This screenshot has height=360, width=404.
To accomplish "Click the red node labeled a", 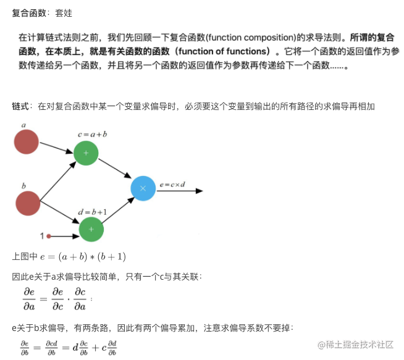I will tap(27, 141).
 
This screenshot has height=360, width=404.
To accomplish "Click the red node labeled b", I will tap(27, 203).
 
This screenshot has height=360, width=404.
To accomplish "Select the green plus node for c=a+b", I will tap(86, 153).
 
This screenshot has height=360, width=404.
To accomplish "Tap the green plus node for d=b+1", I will tap(91, 229).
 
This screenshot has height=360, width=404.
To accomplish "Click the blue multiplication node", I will tap(143, 189).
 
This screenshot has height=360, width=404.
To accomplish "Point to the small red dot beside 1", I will tap(49, 236).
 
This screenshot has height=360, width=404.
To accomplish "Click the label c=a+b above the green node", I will tap(92, 133).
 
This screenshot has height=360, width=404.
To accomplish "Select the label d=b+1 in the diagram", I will tap(93, 212).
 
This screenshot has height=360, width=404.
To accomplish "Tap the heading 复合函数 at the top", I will tap(29, 12).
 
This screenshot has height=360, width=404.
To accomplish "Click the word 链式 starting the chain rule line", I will tap(20, 107).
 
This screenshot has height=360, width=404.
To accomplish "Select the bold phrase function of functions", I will tap(224, 51).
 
